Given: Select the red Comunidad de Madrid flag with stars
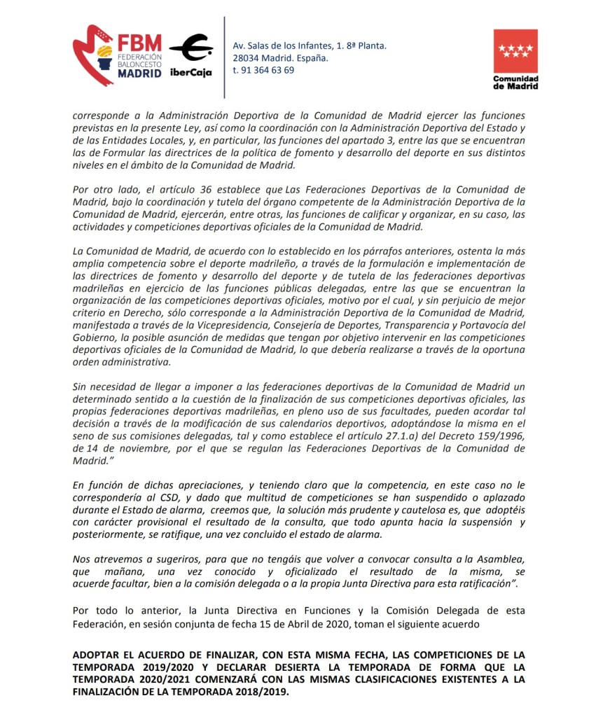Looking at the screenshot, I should pos(515,51).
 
